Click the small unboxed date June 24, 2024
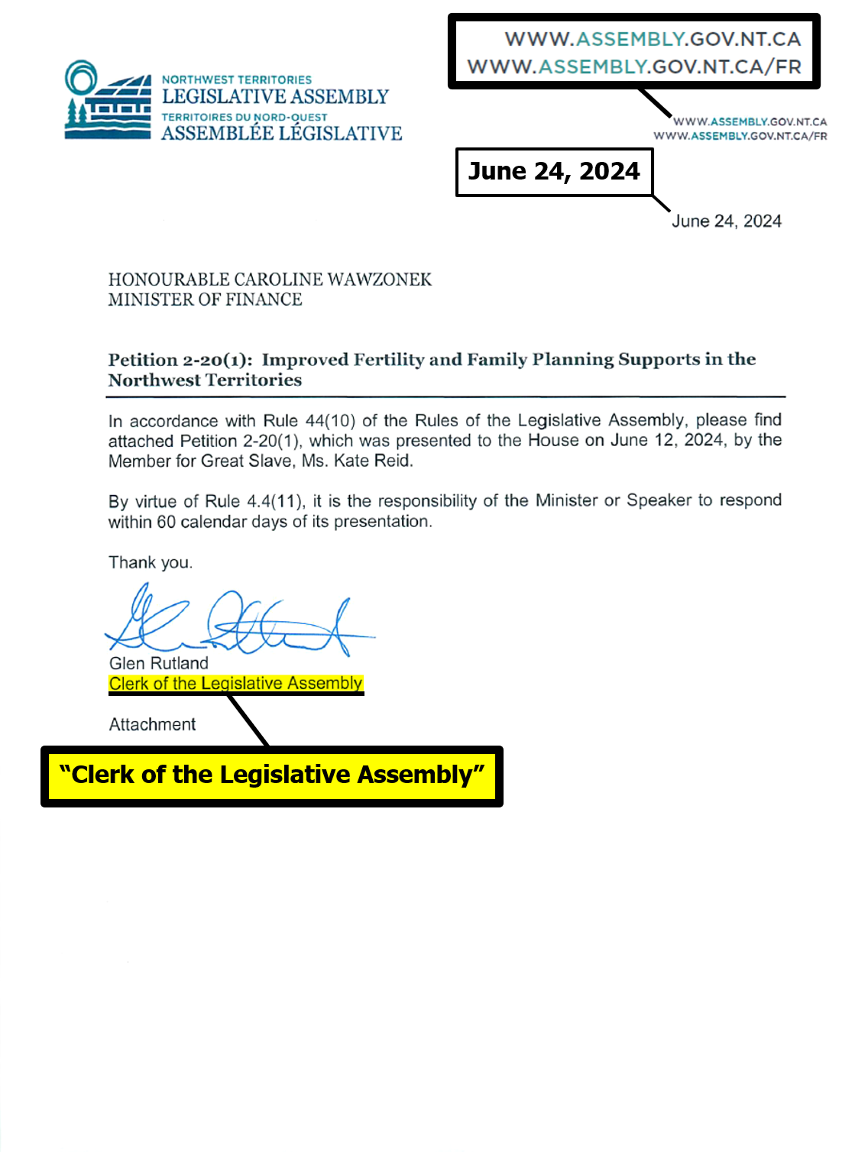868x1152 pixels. click(x=726, y=222)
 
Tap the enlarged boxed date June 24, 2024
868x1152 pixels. click(x=554, y=171)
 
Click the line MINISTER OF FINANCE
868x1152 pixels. click(x=205, y=299)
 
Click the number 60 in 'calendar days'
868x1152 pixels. click(x=166, y=522)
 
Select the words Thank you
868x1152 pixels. click(x=150, y=563)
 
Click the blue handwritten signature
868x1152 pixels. click(x=237, y=620)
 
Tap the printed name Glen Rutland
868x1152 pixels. click(x=159, y=663)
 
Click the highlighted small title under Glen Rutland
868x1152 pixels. click(x=235, y=683)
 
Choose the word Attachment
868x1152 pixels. click(x=152, y=724)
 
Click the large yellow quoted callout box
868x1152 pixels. click(x=272, y=775)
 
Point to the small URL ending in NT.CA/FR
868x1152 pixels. click(x=740, y=136)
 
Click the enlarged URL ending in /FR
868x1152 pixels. click(x=634, y=66)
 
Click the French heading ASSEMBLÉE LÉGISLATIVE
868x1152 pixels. click(x=281, y=134)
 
